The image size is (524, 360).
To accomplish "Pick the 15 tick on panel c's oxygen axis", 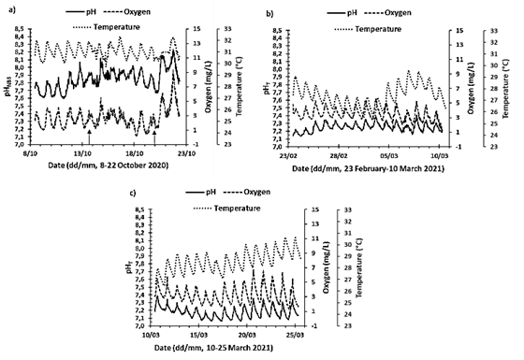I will click(x=316, y=209).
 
